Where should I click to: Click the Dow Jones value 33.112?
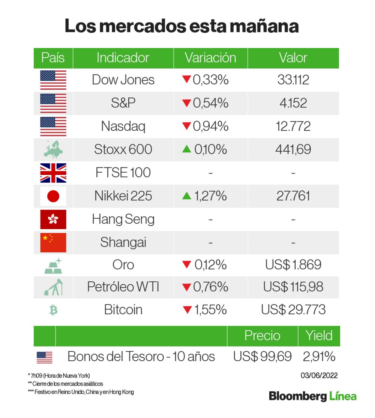tap(293, 80)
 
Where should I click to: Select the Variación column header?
tap(210, 58)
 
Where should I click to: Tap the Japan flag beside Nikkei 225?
tap(53, 196)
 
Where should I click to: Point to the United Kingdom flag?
tap(53, 173)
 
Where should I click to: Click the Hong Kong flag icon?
tap(53, 219)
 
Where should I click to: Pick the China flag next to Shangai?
tap(53, 242)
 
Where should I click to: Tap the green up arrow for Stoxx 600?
tap(187, 149)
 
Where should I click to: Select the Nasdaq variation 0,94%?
tap(210, 126)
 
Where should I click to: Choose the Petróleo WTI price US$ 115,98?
tap(293, 287)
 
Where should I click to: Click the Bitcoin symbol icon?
tap(53, 310)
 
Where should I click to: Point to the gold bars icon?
tap(53, 266)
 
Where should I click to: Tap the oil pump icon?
tap(53, 287)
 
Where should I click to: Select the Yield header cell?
tap(319, 335)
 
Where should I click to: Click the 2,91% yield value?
tap(319, 357)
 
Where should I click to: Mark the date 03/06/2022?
tap(319, 375)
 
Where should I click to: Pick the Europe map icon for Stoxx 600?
tap(53, 149)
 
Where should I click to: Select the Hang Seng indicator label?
tap(123, 219)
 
